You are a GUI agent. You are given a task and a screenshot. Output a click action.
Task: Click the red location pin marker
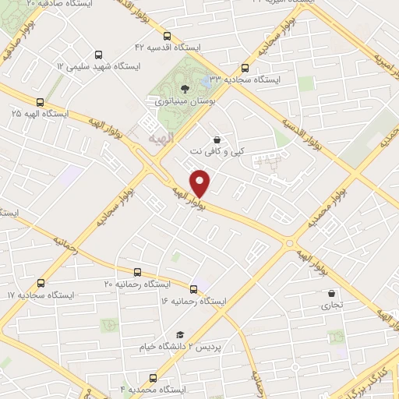coord(202,182)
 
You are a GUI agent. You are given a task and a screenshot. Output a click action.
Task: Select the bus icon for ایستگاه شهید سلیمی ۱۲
coord(97,55)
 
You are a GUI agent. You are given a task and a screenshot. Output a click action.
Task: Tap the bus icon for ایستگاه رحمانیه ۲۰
coord(137,272)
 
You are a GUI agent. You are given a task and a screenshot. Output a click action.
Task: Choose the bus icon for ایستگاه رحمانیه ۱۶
coord(193,288)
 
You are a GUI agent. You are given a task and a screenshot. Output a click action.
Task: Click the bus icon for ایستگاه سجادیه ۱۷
coord(41,284)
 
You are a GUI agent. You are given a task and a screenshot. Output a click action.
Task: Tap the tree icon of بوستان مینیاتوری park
coord(184,88)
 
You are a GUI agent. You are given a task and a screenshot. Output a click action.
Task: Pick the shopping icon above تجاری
coord(333,294)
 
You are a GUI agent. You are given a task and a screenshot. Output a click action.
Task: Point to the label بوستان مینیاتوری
coord(183,101)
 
